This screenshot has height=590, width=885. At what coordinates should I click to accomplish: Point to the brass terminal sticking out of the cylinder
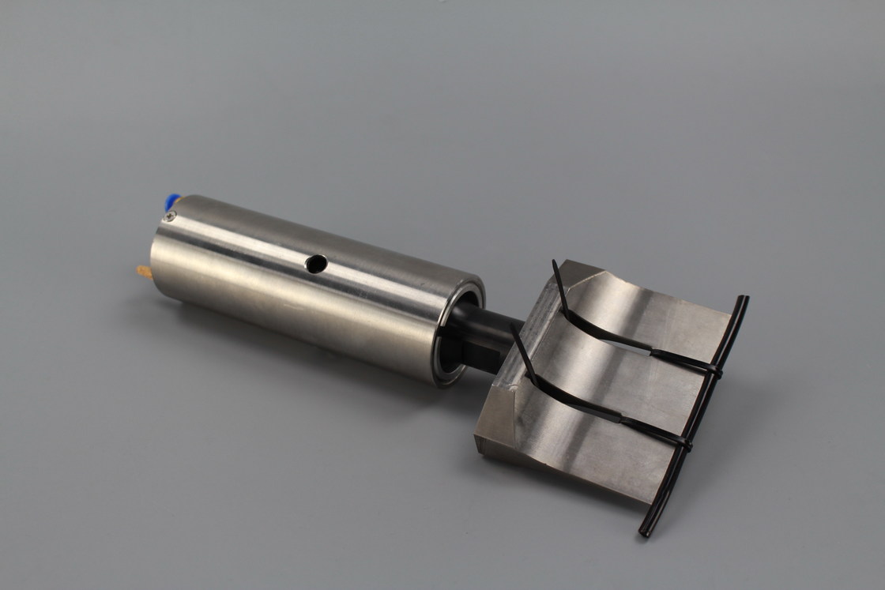(144, 272)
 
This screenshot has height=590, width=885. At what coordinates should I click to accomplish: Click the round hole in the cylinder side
(316, 264)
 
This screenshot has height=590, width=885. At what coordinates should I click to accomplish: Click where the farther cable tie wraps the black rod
(714, 369)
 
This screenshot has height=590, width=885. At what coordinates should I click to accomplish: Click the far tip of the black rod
(742, 301)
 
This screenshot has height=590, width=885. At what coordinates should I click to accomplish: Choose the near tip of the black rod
(645, 532)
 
